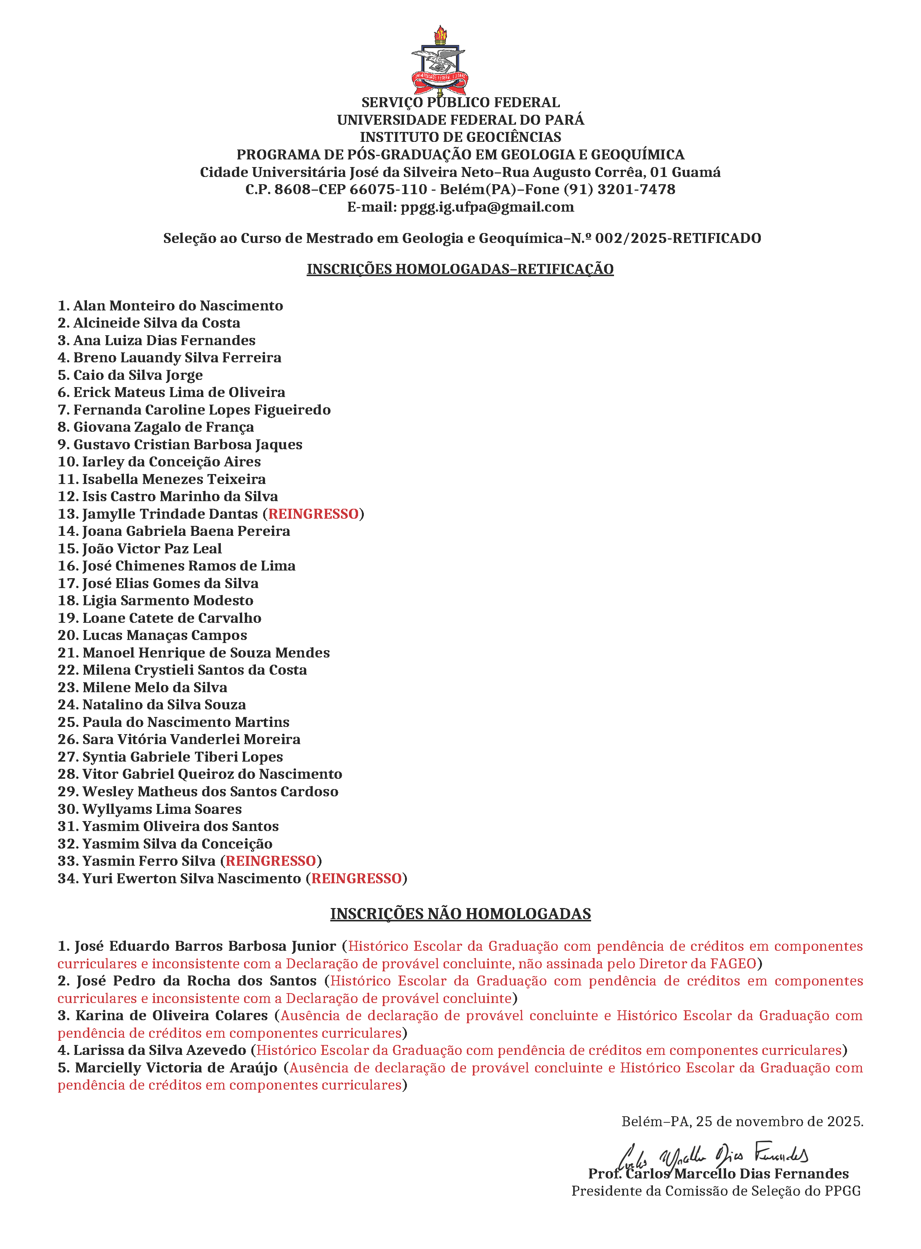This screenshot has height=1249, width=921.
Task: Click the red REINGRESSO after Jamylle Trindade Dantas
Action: click(x=313, y=514)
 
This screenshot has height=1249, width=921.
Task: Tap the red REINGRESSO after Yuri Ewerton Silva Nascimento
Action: click(x=356, y=878)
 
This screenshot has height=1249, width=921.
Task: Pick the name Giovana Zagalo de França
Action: click(x=163, y=427)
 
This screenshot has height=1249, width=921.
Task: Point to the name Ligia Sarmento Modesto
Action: click(x=168, y=601)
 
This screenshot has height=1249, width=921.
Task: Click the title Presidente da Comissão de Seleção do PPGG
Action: click(x=716, y=1191)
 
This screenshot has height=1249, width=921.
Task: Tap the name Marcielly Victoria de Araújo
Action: click(x=176, y=1068)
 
